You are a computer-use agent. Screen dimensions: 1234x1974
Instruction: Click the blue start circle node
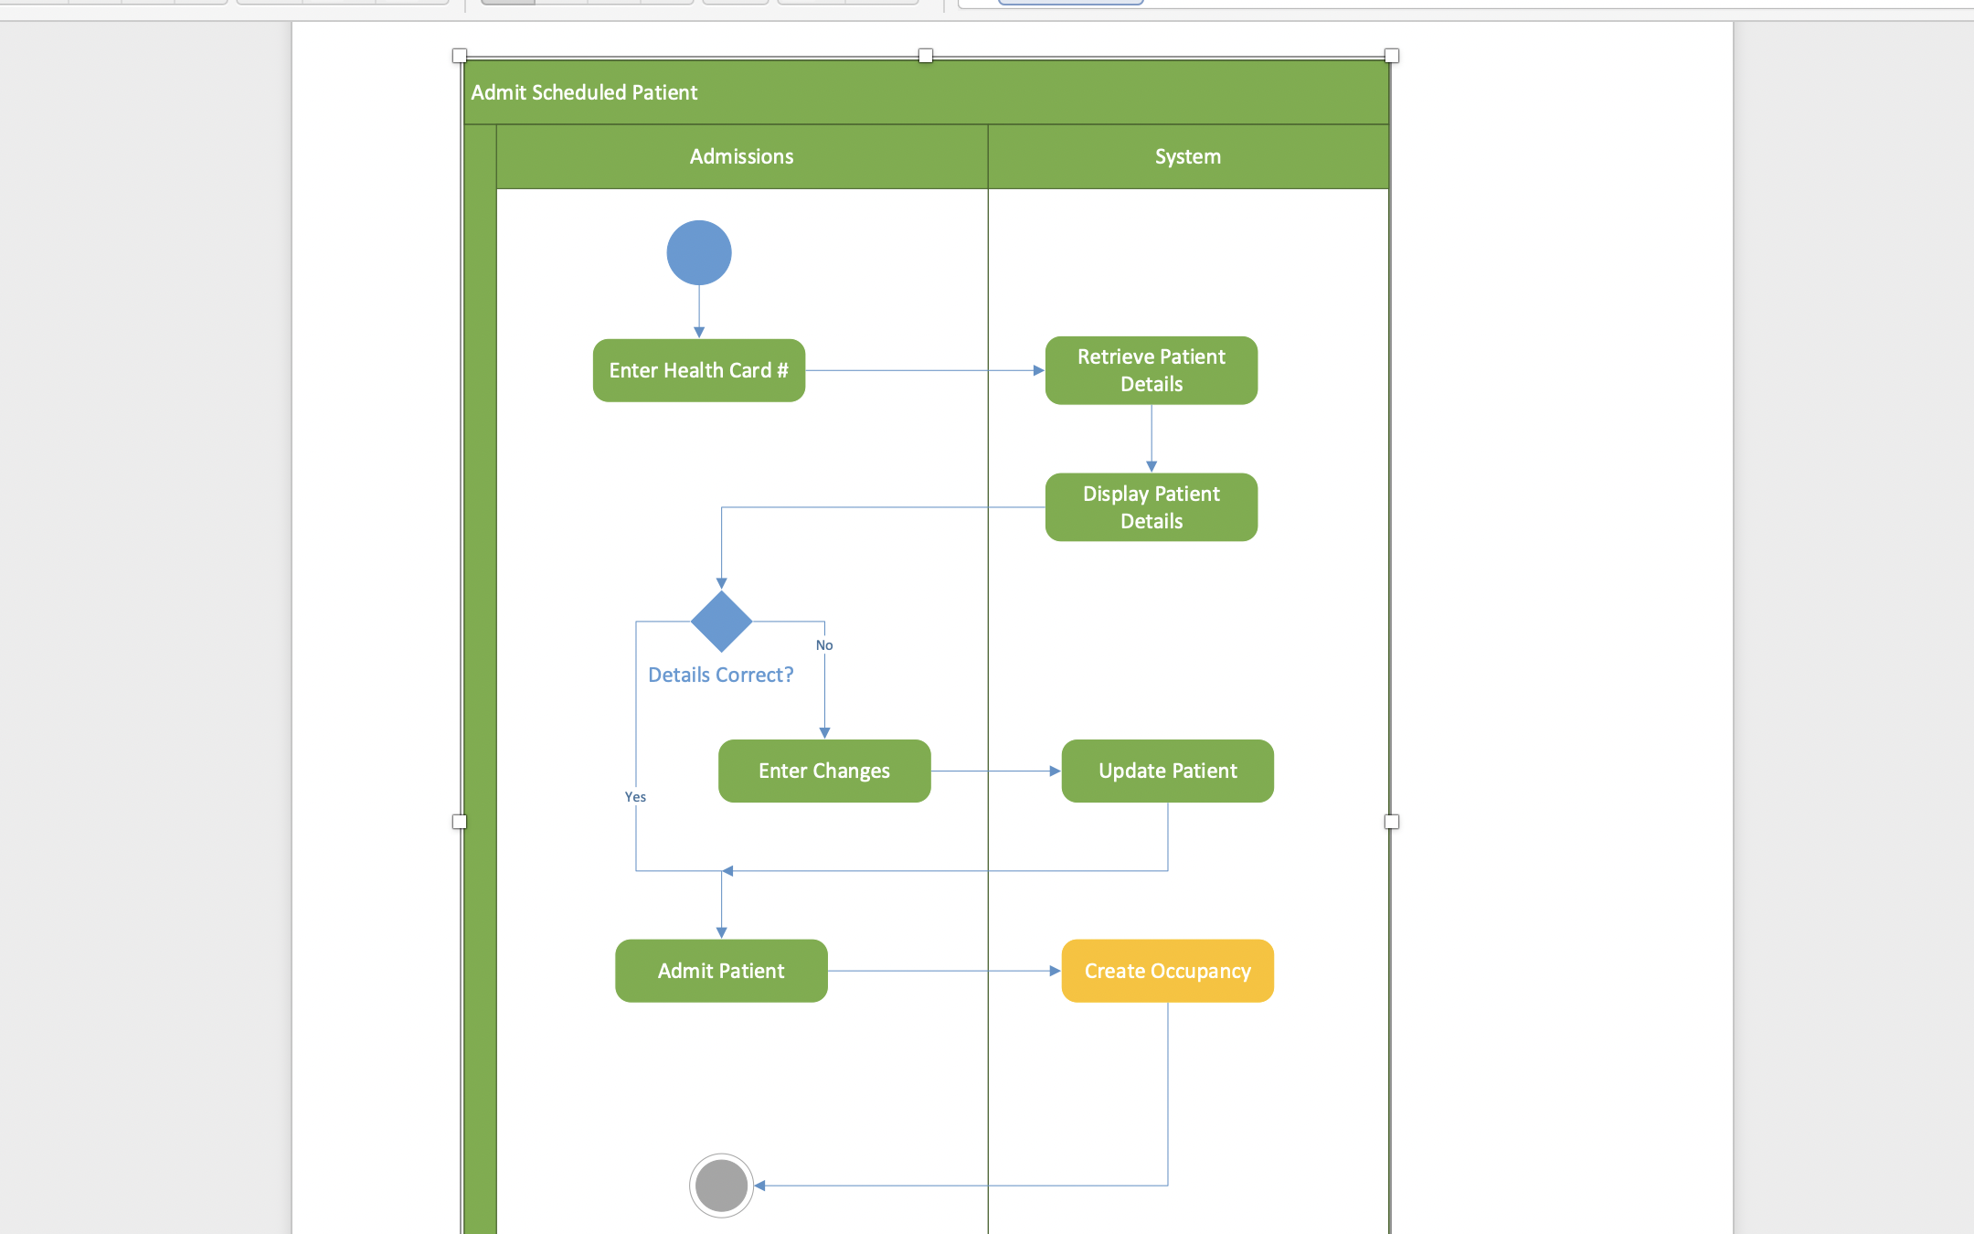coord(699,253)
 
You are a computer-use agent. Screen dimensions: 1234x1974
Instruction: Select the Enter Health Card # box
coord(699,370)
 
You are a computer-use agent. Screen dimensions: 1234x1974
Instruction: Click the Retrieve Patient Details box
coord(1151,370)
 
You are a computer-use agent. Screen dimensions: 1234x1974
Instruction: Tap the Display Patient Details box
coord(1151,507)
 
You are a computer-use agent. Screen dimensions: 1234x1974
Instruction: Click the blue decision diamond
coord(721,622)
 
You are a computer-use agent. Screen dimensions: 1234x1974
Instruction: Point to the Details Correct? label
coord(721,675)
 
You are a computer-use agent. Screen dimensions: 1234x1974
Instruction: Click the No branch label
coord(824,645)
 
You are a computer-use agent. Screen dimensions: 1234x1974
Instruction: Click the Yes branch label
coord(635,797)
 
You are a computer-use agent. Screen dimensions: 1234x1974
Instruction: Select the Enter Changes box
coord(824,771)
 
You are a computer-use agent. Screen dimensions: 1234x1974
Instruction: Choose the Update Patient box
coord(1168,771)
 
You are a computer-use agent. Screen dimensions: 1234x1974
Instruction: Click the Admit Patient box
coord(721,971)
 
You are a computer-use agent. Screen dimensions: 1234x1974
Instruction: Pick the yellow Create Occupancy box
coord(1168,971)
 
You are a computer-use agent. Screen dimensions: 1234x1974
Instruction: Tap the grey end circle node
coord(721,1186)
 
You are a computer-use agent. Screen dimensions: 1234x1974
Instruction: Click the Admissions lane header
coord(741,156)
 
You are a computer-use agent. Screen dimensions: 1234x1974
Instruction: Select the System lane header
coord(1187,156)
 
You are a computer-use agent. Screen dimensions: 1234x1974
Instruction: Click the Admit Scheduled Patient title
coord(584,92)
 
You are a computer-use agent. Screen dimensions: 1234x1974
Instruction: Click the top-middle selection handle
coord(926,56)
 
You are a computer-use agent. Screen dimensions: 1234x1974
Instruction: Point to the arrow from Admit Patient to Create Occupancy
coord(941,971)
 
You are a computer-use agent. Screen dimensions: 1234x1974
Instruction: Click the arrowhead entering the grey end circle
coord(759,1186)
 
